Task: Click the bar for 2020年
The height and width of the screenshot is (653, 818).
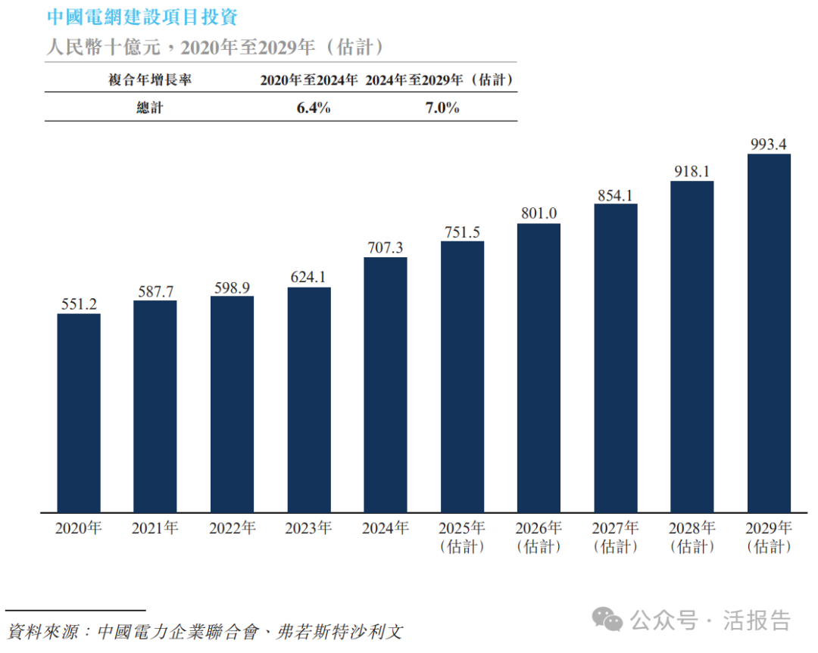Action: [79, 412]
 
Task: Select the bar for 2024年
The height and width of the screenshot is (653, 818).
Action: [386, 384]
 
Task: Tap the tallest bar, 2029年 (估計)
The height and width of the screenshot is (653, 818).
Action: [769, 333]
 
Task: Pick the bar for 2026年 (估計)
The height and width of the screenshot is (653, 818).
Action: [539, 368]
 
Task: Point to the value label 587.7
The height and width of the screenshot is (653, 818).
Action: [155, 291]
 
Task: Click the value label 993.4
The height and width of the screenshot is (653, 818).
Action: [769, 144]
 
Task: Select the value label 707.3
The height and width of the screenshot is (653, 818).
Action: [386, 247]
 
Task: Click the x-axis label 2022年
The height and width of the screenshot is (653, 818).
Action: [232, 528]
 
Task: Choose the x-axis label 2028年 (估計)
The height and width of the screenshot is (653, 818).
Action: [692, 536]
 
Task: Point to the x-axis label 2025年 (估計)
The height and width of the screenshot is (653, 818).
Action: [462, 536]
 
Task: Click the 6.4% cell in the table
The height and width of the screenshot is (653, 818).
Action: [313, 107]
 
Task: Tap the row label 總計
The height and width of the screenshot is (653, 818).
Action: [149, 107]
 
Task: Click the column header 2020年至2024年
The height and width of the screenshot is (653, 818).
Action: [308, 79]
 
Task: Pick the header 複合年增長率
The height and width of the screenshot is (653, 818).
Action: [149, 79]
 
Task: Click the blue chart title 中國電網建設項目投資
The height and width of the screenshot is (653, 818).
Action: [141, 17]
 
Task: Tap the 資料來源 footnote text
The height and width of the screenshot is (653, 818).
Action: [204, 631]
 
